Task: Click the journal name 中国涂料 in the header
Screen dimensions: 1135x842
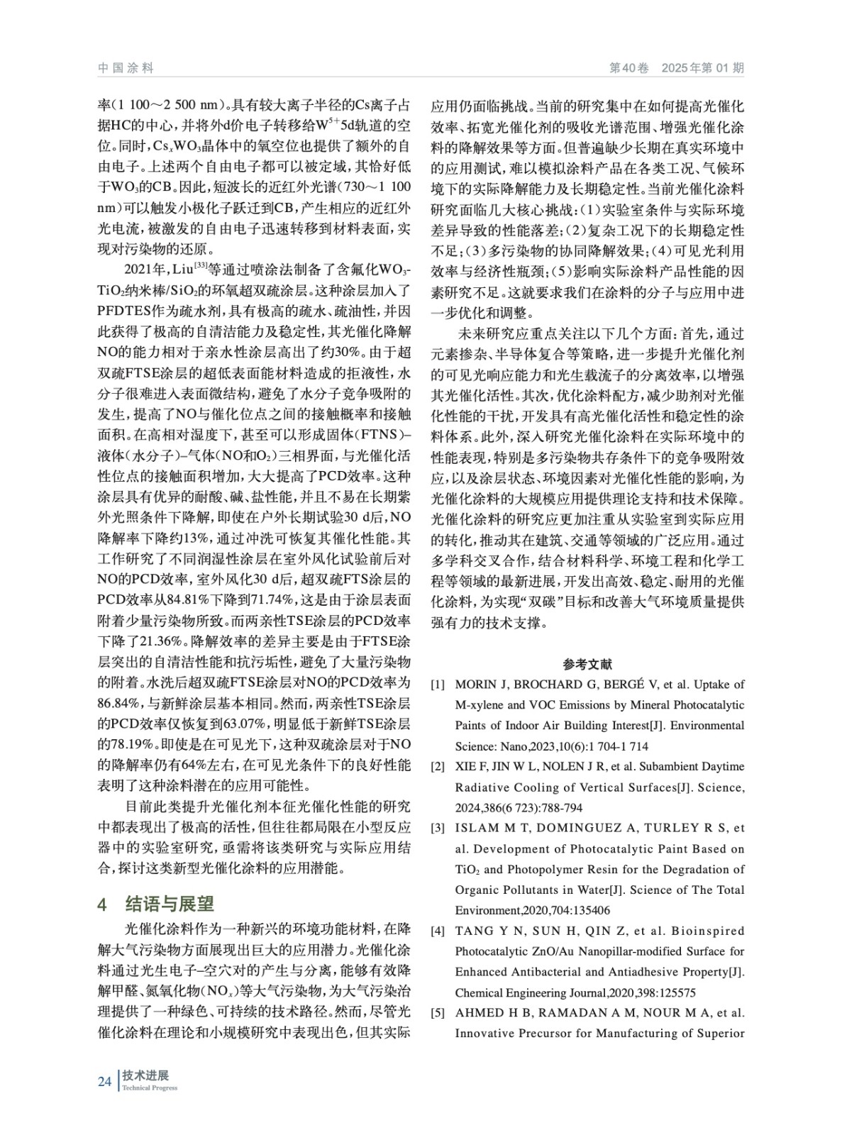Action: (x=126, y=68)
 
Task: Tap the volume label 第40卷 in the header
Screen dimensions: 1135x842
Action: (x=629, y=68)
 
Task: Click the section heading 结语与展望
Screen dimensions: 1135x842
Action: (x=170, y=904)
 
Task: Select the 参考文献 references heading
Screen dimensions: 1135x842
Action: (x=587, y=664)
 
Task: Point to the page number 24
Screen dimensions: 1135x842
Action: (x=104, y=1081)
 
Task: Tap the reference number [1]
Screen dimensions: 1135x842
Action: (x=438, y=685)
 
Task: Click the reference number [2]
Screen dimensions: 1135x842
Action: (x=438, y=767)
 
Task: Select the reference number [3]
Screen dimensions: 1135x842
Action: (x=438, y=828)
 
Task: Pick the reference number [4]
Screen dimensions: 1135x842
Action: (x=438, y=931)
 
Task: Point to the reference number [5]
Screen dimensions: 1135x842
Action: (x=438, y=1012)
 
